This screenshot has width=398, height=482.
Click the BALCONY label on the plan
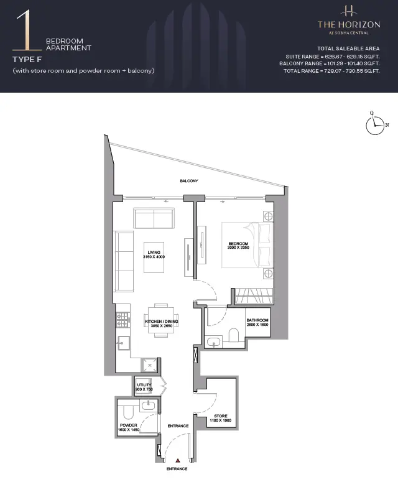point(189,181)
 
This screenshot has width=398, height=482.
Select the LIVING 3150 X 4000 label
point(154,254)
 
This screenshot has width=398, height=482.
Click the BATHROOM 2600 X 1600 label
point(257,322)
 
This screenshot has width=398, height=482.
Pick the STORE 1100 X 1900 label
point(221,418)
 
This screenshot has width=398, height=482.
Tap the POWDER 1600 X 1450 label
point(129,427)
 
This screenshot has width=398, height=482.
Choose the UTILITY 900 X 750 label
point(144,387)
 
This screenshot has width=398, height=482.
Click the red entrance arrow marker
point(178,460)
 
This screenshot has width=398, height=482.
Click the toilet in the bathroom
point(234,335)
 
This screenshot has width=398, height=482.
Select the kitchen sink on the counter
point(124,343)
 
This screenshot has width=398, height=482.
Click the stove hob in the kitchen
point(122,320)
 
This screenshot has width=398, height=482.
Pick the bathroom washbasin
point(213,343)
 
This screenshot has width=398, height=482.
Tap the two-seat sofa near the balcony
point(154,218)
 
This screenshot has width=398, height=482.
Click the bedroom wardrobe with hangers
point(254,296)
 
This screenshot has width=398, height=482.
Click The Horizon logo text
point(349,24)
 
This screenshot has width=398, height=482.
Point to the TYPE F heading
point(27,60)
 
